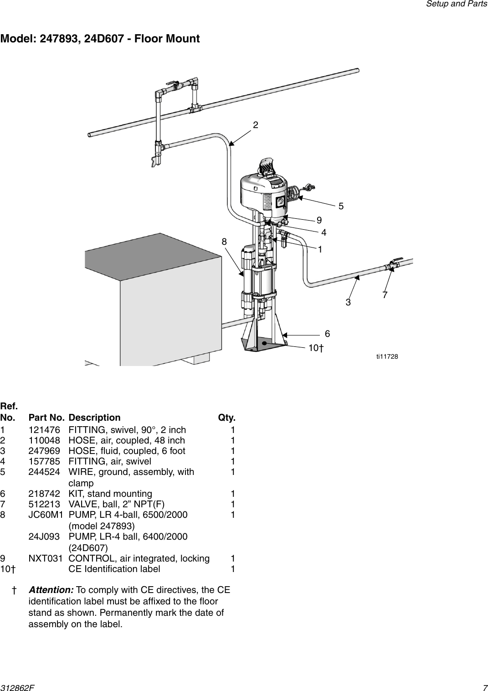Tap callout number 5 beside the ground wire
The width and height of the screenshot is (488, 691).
tap(341, 206)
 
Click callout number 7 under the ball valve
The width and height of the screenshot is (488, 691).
tap(385, 295)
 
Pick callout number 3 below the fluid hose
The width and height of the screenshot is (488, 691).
tap(349, 302)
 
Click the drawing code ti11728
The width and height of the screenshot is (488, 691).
tap(387, 356)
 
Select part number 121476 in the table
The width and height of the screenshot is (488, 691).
tap(43, 430)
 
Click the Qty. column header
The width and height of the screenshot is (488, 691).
tap(226, 418)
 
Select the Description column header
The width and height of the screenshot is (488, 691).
tap(94, 418)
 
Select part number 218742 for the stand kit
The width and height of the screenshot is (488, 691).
tap(43, 494)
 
